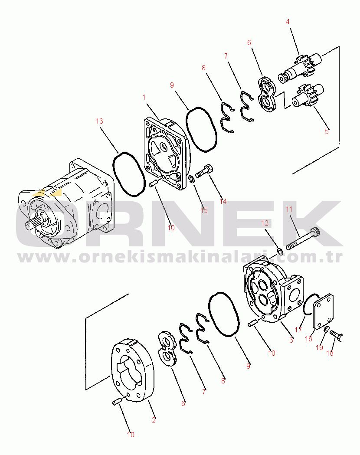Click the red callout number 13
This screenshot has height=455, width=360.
(x=99, y=121)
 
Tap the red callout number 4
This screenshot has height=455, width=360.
(x=288, y=22)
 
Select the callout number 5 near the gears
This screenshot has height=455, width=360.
(x=327, y=131)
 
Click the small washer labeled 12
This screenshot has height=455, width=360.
(x=280, y=251)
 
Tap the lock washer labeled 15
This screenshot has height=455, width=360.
(x=191, y=179)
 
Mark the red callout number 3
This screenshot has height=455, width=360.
(x=291, y=340)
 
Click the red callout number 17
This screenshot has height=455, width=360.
(x=298, y=330)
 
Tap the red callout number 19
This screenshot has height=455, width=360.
(x=319, y=347)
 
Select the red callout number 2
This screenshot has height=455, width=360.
(x=154, y=419)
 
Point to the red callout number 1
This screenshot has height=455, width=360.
(x=144, y=97)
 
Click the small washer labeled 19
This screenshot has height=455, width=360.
(x=326, y=329)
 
